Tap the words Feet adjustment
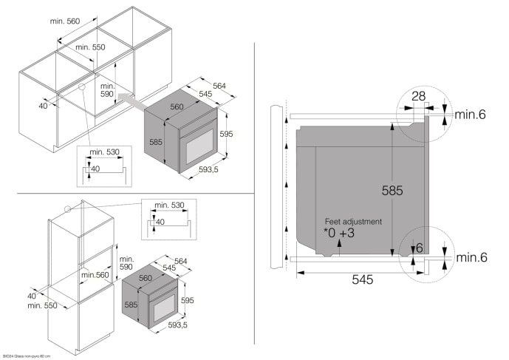[x=354, y=221]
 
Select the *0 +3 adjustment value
[x=340, y=233]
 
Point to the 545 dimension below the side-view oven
[x=362, y=280]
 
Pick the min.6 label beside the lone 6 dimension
[x=471, y=257]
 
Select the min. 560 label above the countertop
[x=64, y=21]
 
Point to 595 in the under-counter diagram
[x=226, y=133]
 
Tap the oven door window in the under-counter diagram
[x=195, y=144]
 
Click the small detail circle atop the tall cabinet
[x=68, y=208]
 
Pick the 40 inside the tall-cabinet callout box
[x=160, y=222]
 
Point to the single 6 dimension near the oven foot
[x=419, y=248]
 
